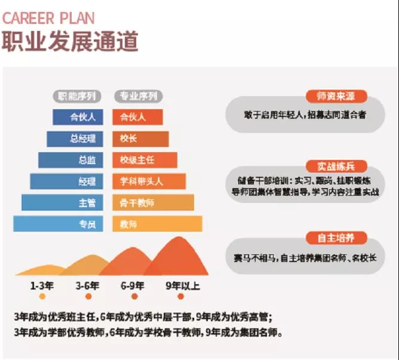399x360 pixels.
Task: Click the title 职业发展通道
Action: (x=70, y=42)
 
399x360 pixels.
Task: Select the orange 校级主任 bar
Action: (x=145, y=160)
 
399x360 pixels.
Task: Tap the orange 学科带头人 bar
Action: (x=149, y=181)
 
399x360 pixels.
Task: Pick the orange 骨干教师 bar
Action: (x=154, y=202)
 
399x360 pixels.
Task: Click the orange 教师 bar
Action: (x=158, y=224)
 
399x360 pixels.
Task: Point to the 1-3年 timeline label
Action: (x=41, y=285)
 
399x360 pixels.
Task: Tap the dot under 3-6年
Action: (x=88, y=296)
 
